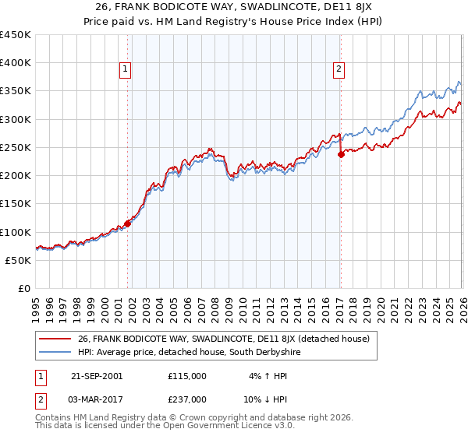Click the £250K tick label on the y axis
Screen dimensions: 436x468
pos(16,147)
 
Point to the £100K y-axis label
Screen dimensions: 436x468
pos(16,232)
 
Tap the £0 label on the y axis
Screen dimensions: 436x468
pos(23,288)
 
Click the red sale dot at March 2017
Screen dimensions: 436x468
pos(341,155)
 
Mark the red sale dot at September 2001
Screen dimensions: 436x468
pos(128,223)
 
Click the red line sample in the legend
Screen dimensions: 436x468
pos(55,339)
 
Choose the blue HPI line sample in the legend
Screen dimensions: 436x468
pos(55,353)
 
